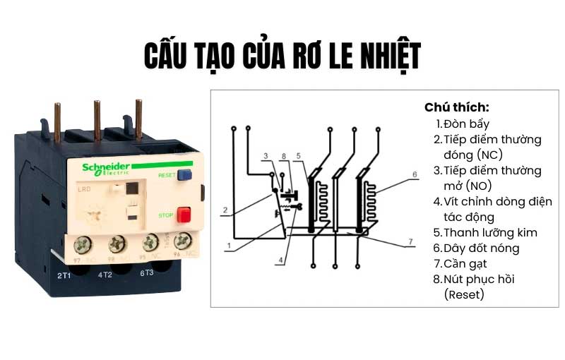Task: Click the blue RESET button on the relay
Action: point(186,175)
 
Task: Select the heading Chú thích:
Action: point(456,107)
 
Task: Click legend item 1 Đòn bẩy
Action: point(466,124)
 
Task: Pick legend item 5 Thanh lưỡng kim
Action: point(485,232)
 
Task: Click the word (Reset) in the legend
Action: point(464,294)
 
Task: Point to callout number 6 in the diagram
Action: point(415,174)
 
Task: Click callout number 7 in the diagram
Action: point(409,243)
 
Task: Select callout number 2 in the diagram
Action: point(224,210)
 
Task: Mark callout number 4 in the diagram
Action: point(280,260)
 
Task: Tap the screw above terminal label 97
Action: point(83,245)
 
